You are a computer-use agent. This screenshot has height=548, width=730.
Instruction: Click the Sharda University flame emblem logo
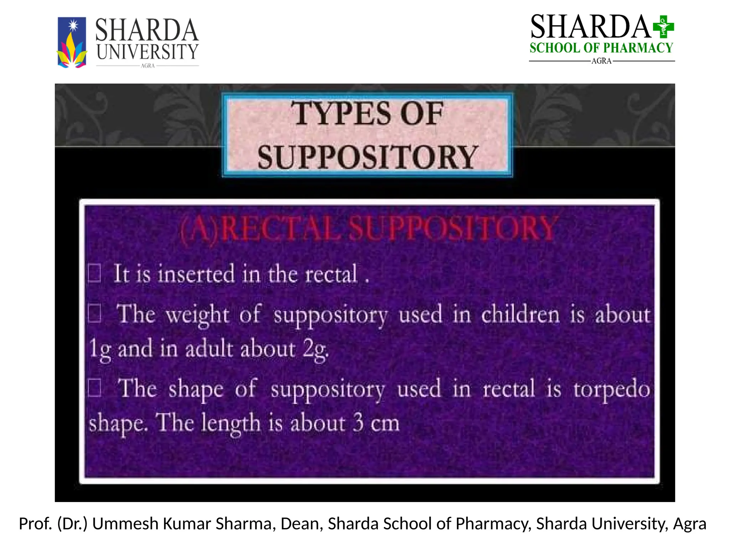[x=72, y=42]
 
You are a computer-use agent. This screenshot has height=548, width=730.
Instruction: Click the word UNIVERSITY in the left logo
[x=147, y=52]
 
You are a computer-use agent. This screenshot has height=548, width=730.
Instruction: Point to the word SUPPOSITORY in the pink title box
[x=367, y=157]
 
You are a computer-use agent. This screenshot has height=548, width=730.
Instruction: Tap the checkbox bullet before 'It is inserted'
[x=94, y=273]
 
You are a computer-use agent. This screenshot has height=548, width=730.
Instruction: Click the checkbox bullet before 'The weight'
[x=94, y=313]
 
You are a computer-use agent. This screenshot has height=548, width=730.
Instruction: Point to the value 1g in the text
[x=99, y=349]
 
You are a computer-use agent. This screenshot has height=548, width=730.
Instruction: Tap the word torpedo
[x=612, y=389]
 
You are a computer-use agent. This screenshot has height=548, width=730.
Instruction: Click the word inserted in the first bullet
[x=196, y=274]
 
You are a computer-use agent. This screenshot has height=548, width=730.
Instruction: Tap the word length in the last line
[x=231, y=423]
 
